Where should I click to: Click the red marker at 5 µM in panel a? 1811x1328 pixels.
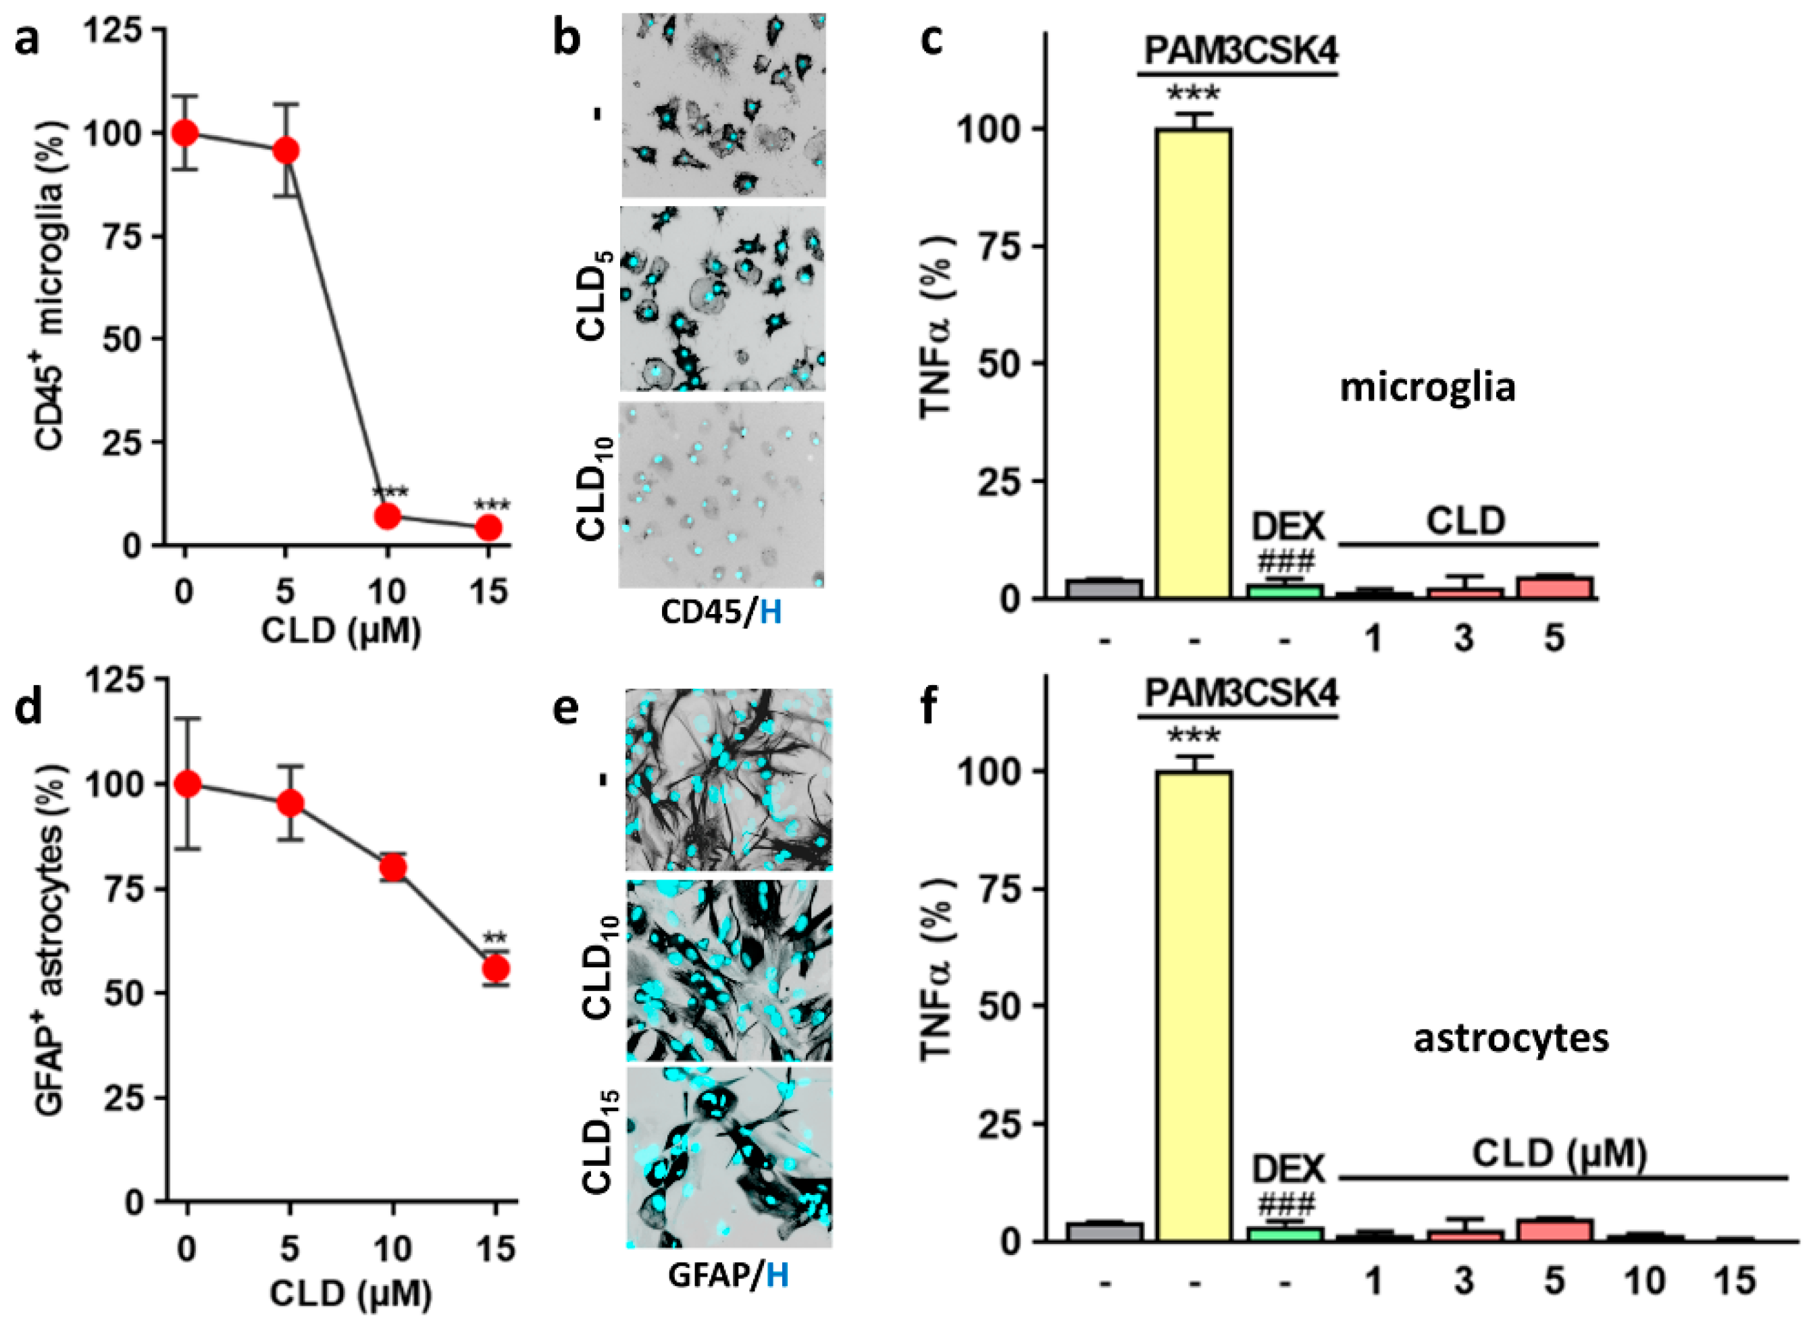click(285, 151)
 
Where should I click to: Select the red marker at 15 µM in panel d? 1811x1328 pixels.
click(496, 969)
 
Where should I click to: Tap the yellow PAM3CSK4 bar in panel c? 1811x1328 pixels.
click(1194, 362)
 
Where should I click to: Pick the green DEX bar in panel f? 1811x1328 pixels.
click(1285, 1233)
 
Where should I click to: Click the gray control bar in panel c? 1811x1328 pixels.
click(1104, 588)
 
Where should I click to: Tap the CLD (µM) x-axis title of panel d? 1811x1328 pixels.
click(351, 1294)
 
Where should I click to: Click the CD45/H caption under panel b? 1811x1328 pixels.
click(721, 613)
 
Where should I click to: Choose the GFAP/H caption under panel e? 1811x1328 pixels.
click(728, 1276)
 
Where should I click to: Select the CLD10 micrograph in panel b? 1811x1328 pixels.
click(721, 494)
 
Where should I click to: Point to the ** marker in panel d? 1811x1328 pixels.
click(494, 938)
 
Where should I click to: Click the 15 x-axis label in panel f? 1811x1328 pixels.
click(1735, 1281)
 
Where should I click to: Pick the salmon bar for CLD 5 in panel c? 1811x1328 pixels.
click(1554, 587)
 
